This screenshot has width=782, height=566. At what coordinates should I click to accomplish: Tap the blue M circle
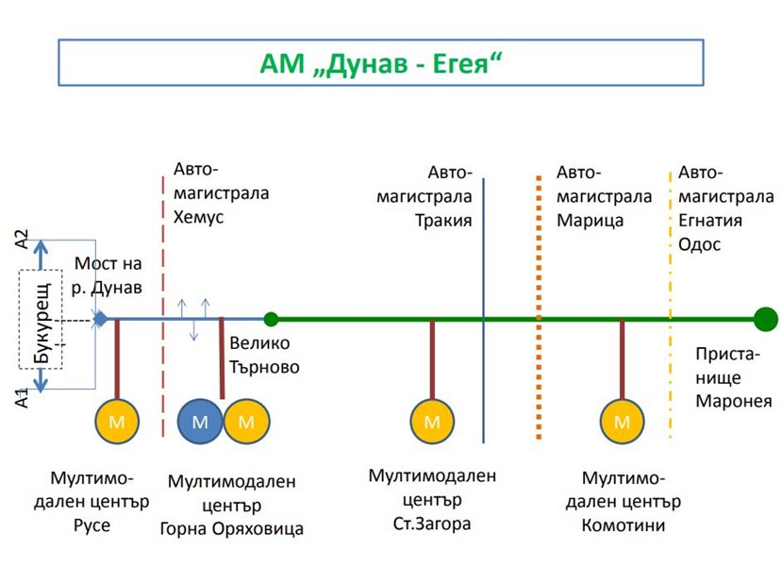[200, 422]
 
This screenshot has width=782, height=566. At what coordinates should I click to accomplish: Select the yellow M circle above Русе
[117, 422]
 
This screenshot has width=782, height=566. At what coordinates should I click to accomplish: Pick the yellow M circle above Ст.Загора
[432, 422]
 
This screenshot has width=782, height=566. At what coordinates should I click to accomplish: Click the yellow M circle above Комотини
[622, 422]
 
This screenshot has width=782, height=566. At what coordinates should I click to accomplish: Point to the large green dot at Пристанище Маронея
[765, 319]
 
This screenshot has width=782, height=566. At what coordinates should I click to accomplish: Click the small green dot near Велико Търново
[271, 319]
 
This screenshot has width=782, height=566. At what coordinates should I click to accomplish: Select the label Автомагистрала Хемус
[220, 193]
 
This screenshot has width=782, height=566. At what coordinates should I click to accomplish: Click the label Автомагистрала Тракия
[425, 197]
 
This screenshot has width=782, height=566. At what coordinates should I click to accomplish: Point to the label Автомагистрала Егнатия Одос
[725, 208]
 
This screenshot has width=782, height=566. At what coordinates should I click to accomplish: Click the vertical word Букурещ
[42, 321]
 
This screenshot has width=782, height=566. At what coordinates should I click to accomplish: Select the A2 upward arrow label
[25, 240]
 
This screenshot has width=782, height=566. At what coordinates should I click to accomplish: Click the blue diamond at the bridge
[100, 319]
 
